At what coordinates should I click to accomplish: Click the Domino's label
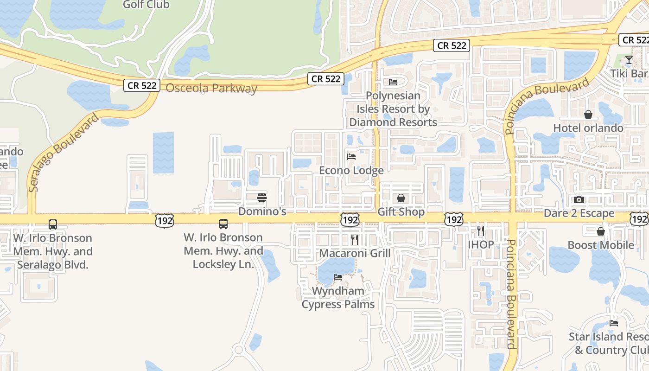pos(262,212)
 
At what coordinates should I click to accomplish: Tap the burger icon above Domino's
pos(262,198)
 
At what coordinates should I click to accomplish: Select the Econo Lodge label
pos(351,170)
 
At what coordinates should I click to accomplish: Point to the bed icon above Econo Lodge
pos(351,156)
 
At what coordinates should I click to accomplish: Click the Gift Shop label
pos(401,212)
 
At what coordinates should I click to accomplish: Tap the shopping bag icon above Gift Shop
pos(401,198)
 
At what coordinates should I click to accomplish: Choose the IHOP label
pos(481,244)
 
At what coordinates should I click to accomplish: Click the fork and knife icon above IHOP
pos(481,230)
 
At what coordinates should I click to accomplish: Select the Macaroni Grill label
pos(355,253)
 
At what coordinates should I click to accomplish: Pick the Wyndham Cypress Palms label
pos(338,298)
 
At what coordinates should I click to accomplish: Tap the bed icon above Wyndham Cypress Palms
pos(338,277)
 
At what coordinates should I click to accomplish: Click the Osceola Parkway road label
pos(211,88)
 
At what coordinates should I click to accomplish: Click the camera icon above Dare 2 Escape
pos(579,200)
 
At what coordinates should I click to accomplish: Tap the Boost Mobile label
pos(601,245)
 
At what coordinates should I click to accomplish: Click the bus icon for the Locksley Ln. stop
pos(223,224)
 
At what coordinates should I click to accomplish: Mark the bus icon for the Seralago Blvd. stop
pos(53,224)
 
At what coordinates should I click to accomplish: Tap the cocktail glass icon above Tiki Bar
pos(629,60)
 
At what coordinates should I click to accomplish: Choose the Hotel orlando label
pos(588,128)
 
